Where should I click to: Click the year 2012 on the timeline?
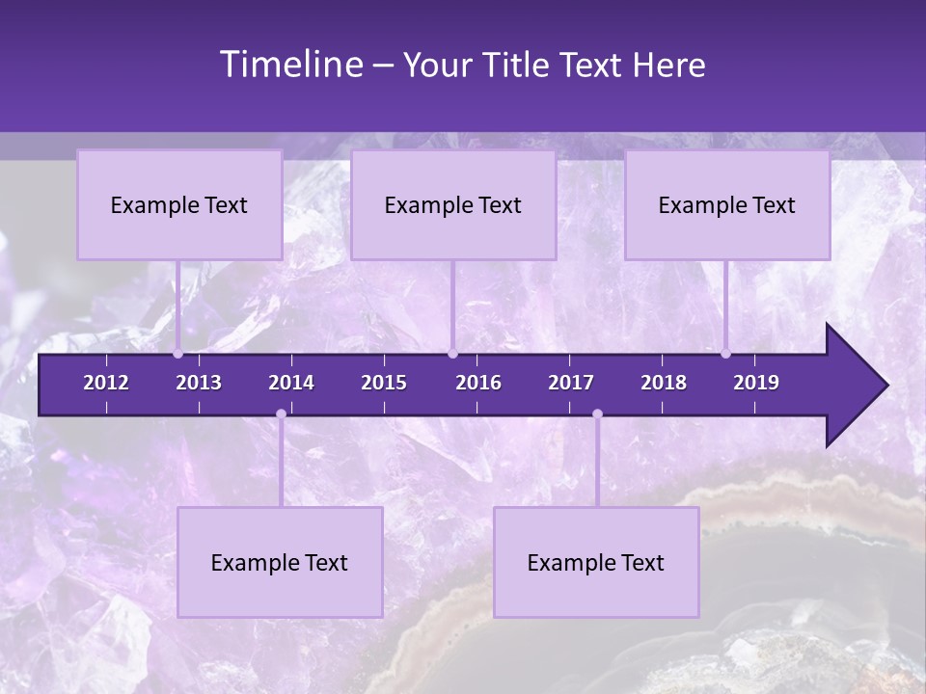pos(106,383)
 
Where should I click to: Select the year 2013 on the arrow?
pos(199,383)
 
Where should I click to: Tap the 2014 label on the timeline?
pos(291,383)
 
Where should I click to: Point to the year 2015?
pos(384,383)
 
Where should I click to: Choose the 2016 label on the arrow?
pos(478,383)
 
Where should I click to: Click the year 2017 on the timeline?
pos(571,383)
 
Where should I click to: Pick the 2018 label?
pos(664,383)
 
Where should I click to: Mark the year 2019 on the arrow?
pos(756,383)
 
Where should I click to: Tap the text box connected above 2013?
pos(179,205)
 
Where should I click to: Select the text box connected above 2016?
pos(453,205)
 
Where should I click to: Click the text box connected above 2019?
pos(727,205)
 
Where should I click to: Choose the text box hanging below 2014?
pos(280,563)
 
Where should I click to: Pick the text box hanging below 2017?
pos(596,563)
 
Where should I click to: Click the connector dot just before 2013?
pos(178,354)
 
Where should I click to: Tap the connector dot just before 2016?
pos(452,354)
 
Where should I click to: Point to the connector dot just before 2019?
pos(726,354)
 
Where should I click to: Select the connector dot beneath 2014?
pos(281,414)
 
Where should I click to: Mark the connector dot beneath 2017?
pos(597,414)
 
